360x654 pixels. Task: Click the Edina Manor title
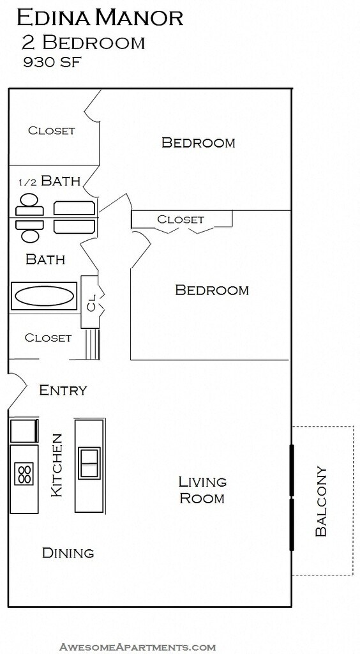[x=100, y=18]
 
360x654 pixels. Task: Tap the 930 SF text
[x=52, y=62]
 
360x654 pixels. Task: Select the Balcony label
[x=321, y=501]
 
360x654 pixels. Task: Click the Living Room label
[x=202, y=490]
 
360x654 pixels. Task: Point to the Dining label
[x=68, y=553]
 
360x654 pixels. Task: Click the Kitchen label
[x=56, y=466]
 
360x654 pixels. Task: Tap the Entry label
[x=63, y=390]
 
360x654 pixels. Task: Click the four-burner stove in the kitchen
[x=24, y=474]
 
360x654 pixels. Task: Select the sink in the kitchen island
[x=89, y=463]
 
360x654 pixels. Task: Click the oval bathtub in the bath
[x=43, y=296]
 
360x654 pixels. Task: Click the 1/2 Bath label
[x=50, y=181]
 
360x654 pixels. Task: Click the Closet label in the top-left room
[x=51, y=130]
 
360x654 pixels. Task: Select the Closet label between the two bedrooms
[x=181, y=219]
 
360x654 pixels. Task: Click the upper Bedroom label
[x=199, y=142]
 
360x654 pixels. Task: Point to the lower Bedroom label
[x=212, y=290]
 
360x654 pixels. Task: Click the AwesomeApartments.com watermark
[x=137, y=647]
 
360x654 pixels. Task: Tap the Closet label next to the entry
[x=48, y=337]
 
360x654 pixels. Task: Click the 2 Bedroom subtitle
[x=84, y=43]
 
